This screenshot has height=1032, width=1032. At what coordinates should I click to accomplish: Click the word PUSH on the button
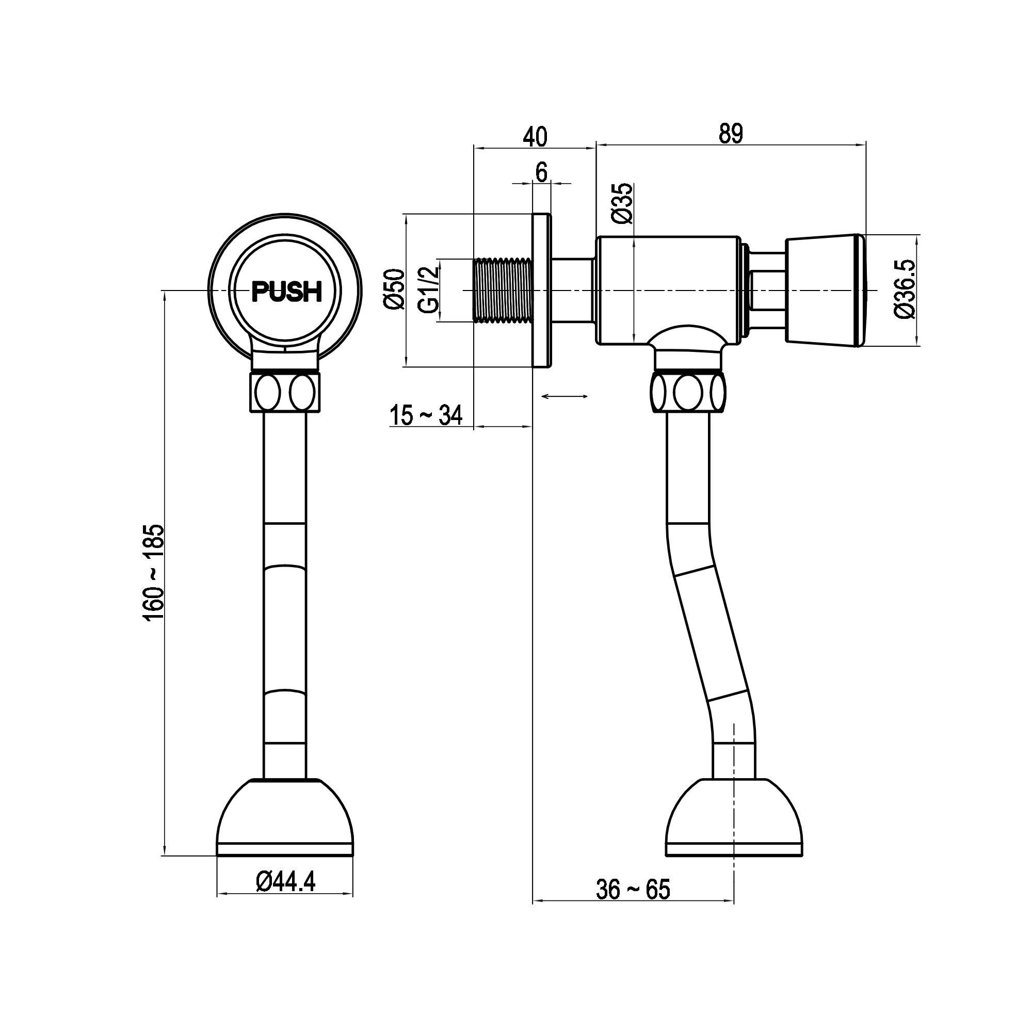[287, 292]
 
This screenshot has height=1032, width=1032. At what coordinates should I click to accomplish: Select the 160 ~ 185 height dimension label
[154, 573]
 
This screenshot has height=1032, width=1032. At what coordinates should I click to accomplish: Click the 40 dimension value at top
[535, 137]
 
